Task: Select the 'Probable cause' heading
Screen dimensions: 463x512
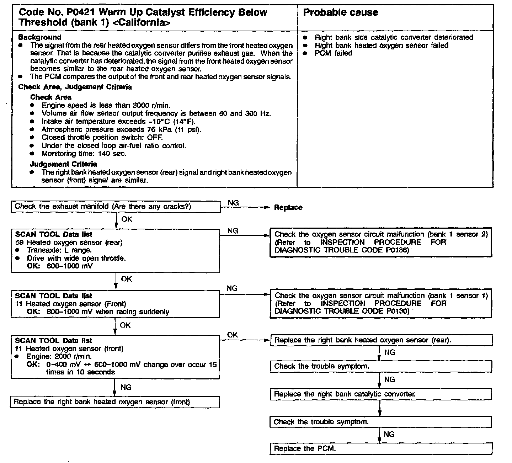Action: (x=340, y=13)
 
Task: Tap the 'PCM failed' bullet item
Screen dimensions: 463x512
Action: (x=333, y=53)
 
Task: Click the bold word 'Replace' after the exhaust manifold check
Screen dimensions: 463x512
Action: (x=288, y=208)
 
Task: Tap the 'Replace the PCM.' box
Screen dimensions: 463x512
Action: (x=381, y=449)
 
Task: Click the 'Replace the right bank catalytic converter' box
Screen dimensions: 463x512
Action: (x=380, y=394)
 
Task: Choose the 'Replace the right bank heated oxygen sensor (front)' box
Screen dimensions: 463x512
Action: (x=114, y=402)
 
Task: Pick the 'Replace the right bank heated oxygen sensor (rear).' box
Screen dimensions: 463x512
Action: (x=381, y=340)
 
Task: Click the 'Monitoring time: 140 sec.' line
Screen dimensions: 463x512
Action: (x=84, y=154)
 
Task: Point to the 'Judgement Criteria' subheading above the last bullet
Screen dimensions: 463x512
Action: (x=63, y=164)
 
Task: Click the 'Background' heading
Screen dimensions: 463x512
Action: (x=40, y=37)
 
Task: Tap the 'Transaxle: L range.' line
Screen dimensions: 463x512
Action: (x=59, y=250)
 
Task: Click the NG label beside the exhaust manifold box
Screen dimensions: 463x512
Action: (x=233, y=203)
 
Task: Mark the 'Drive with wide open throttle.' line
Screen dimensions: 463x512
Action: (x=76, y=259)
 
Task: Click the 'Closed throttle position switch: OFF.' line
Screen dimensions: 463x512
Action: (x=102, y=138)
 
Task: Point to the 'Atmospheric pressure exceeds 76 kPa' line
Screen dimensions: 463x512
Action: (x=121, y=129)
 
